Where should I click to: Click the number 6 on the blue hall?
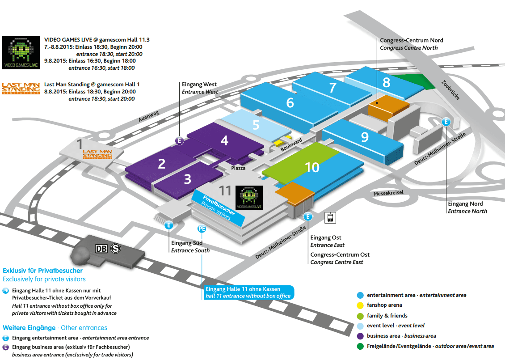pyautogui.click(x=290, y=103)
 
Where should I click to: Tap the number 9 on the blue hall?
pyautogui.click(x=365, y=137)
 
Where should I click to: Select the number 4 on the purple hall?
pyautogui.click(x=224, y=141)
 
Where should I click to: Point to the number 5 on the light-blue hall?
pyautogui.click(x=256, y=125)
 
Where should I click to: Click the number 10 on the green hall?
pyautogui.click(x=312, y=168)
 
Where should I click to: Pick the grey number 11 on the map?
pyautogui.click(x=225, y=191)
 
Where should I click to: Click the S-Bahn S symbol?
pyautogui.click(x=116, y=249)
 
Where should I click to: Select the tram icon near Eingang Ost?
pyautogui.click(x=330, y=217)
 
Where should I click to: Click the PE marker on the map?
pyautogui.click(x=202, y=229)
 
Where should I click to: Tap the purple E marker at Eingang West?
pyautogui.click(x=179, y=141)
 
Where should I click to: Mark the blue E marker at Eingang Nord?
pyautogui.click(x=446, y=122)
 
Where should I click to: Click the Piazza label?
pyautogui.click(x=239, y=168)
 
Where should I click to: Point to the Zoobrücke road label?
pyautogui.click(x=450, y=90)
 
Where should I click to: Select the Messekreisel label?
pyautogui.click(x=388, y=193)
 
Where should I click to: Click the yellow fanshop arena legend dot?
pyautogui.click(x=360, y=305)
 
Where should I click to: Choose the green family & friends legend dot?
pyautogui.click(x=360, y=315)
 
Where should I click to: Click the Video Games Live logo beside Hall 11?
pyautogui.click(x=249, y=198)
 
